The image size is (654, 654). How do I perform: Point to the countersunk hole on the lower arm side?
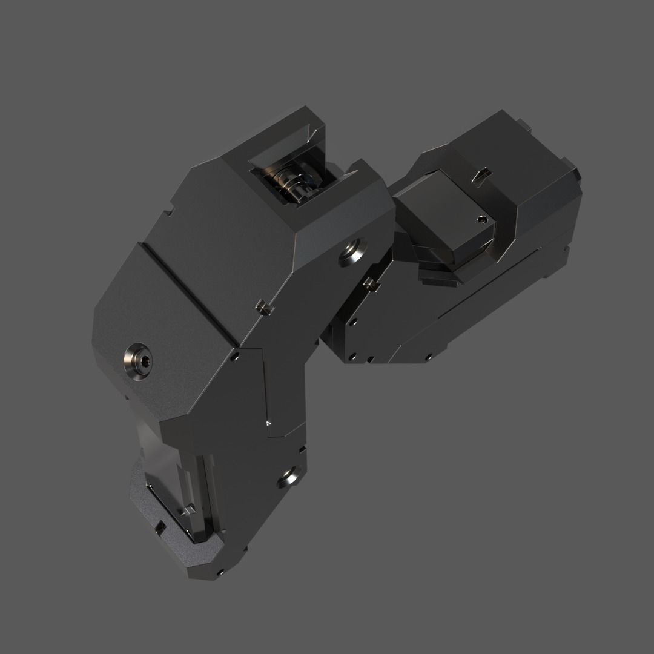coord(288,478)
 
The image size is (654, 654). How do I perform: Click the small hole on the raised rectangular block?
coord(482,219)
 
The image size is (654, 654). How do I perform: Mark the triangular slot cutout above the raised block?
coord(482,174)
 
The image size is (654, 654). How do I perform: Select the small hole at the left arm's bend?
coord(234,357)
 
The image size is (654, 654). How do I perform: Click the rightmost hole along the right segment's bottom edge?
coord(429,357)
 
